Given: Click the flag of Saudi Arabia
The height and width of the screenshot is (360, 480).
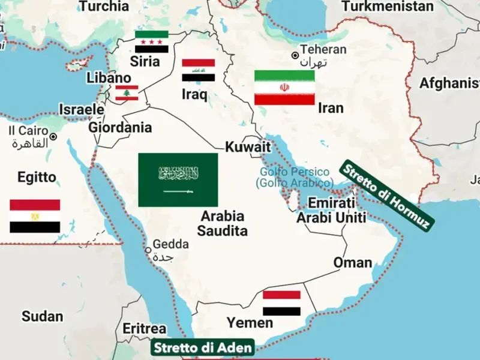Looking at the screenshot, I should click(x=178, y=179).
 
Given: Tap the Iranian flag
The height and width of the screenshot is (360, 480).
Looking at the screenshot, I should click(x=284, y=88).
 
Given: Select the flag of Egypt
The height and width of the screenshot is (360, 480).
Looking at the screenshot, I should click(x=35, y=216).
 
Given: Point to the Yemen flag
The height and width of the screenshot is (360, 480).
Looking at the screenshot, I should click(x=282, y=303).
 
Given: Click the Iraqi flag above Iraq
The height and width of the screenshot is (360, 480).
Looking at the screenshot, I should click(x=199, y=71).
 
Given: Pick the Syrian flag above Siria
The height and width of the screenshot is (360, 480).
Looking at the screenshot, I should click(x=152, y=42).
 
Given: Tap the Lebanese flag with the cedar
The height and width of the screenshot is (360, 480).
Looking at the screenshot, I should click(x=127, y=93).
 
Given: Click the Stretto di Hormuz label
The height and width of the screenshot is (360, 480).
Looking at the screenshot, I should click(x=386, y=196).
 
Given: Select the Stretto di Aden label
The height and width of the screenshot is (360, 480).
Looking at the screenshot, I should click(x=202, y=347).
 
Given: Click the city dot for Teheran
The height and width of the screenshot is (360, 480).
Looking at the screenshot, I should click(x=295, y=56).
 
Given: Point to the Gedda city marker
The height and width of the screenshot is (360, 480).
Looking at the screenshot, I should click(x=148, y=250).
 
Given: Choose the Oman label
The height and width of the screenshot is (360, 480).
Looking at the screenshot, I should click(x=352, y=263).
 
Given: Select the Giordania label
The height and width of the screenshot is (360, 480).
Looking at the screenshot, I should click(x=120, y=127).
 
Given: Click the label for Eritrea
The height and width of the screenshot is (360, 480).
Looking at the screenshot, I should click(x=144, y=329).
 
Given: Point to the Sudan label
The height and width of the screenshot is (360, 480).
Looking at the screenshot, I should click(x=42, y=316).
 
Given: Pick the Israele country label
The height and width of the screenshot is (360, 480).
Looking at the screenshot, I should click(x=81, y=110).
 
